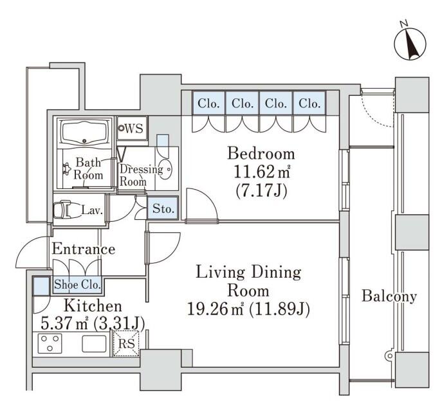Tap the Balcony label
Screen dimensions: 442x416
(x=389, y=296)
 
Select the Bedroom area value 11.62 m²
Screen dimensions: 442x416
(x=262, y=172)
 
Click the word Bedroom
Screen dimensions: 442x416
(x=261, y=154)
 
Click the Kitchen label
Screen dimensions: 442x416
(x=93, y=306)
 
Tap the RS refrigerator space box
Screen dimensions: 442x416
(x=126, y=343)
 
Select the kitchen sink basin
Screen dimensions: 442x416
(x=94, y=343)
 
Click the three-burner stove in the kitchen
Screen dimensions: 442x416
(x=50, y=343)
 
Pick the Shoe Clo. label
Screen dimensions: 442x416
(x=77, y=285)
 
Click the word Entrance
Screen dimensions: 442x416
(x=84, y=249)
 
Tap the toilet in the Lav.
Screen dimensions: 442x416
(x=64, y=209)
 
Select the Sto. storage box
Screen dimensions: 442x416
(x=163, y=208)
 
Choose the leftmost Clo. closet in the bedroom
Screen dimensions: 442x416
(x=208, y=103)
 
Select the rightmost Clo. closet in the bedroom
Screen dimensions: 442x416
(x=309, y=103)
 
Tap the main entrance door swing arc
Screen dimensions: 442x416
(x=32, y=251)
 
